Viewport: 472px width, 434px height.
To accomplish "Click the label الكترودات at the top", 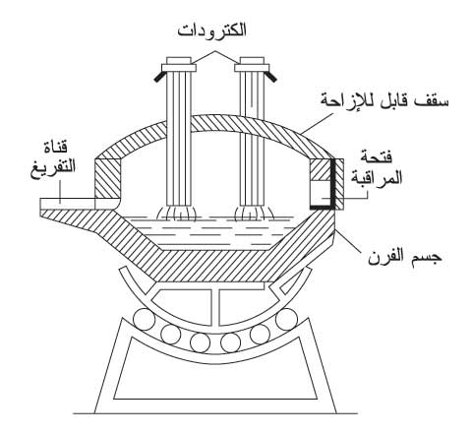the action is (x=212, y=31).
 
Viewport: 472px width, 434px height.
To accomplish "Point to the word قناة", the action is (x=56, y=147).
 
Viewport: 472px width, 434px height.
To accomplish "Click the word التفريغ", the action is (x=53, y=167).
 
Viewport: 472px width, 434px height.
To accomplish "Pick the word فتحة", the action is (x=377, y=157).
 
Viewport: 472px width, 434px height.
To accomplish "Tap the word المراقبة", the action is (x=377, y=178).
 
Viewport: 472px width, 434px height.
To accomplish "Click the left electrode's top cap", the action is (x=179, y=64).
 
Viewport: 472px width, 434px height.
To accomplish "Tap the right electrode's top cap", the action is (x=252, y=64).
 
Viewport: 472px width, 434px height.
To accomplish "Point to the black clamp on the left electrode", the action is (x=158, y=77).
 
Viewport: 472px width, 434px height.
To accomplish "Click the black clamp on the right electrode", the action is (x=272, y=77).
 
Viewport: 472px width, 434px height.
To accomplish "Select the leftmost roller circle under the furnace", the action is (x=144, y=319).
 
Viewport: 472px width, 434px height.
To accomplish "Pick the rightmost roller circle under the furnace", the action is (x=286, y=319).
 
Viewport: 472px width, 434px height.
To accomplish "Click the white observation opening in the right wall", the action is (x=321, y=193).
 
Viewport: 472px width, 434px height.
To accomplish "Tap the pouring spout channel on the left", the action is (x=68, y=204).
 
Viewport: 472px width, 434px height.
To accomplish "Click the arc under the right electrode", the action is (x=252, y=214).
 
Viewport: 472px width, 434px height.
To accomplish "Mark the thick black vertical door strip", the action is (x=333, y=184).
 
